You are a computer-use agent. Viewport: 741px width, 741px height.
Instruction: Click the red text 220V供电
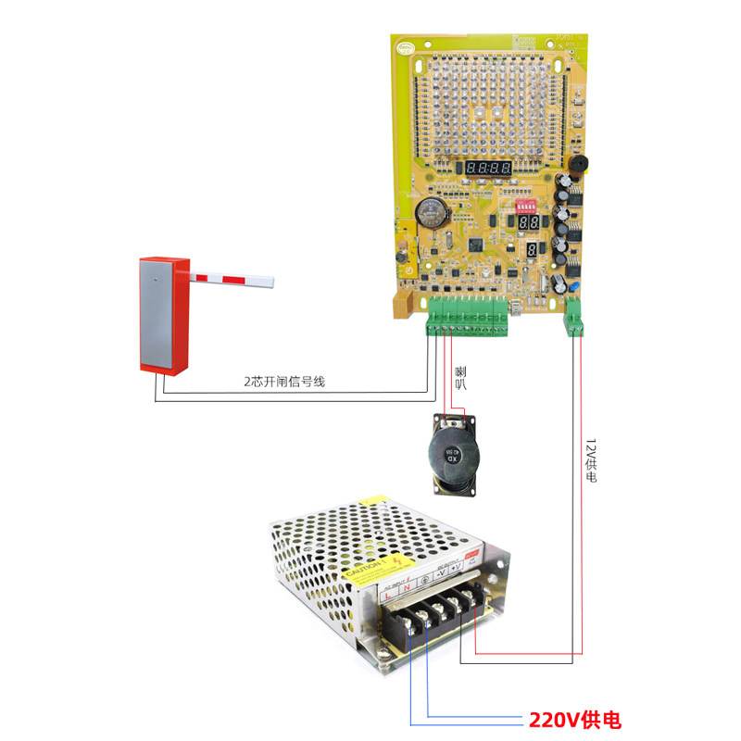(x=574, y=720)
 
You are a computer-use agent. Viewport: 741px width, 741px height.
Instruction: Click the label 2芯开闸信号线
(x=284, y=382)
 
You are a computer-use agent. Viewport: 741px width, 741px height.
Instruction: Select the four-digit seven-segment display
(x=488, y=169)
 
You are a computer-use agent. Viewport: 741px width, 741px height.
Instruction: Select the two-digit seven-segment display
(x=529, y=224)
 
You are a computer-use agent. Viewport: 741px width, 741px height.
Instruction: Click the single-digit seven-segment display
(x=533, y=252)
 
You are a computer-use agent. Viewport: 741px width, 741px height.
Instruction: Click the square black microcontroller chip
(x=476, y=245)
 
